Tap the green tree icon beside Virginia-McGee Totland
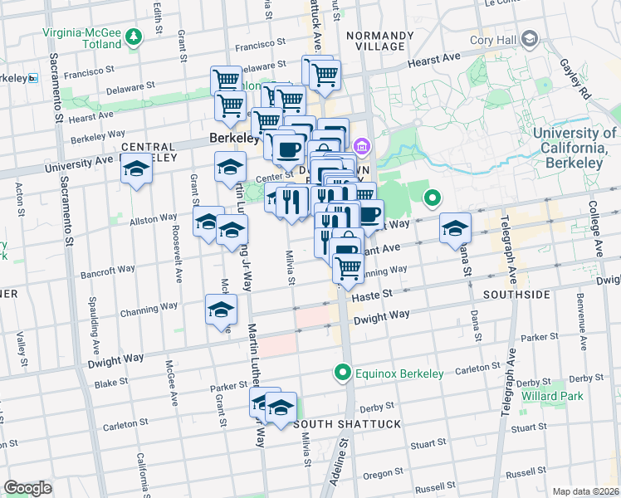134,37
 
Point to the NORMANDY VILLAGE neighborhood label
379,41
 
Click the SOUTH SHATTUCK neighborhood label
347,424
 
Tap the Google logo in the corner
27,488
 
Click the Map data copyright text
585,491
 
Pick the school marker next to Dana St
455,228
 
